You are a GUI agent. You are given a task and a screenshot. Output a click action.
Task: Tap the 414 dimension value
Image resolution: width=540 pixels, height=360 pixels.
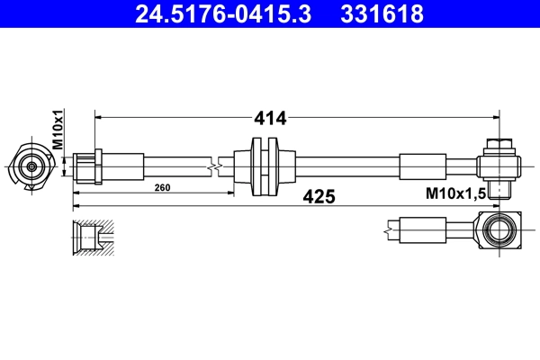coord(270,118)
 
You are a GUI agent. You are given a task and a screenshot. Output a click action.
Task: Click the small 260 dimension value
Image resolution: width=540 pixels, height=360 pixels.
coord(163,188)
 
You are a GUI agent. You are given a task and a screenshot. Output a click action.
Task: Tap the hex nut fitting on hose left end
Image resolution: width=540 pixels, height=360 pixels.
coord(88,166)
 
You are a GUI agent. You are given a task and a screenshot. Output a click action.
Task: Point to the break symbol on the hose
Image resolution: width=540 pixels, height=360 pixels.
coord(213,166)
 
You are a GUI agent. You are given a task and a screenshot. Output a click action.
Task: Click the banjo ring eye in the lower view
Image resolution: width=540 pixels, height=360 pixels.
coord(499,231)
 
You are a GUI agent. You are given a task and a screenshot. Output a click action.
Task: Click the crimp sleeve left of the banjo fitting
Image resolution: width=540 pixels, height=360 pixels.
coord(422,166)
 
